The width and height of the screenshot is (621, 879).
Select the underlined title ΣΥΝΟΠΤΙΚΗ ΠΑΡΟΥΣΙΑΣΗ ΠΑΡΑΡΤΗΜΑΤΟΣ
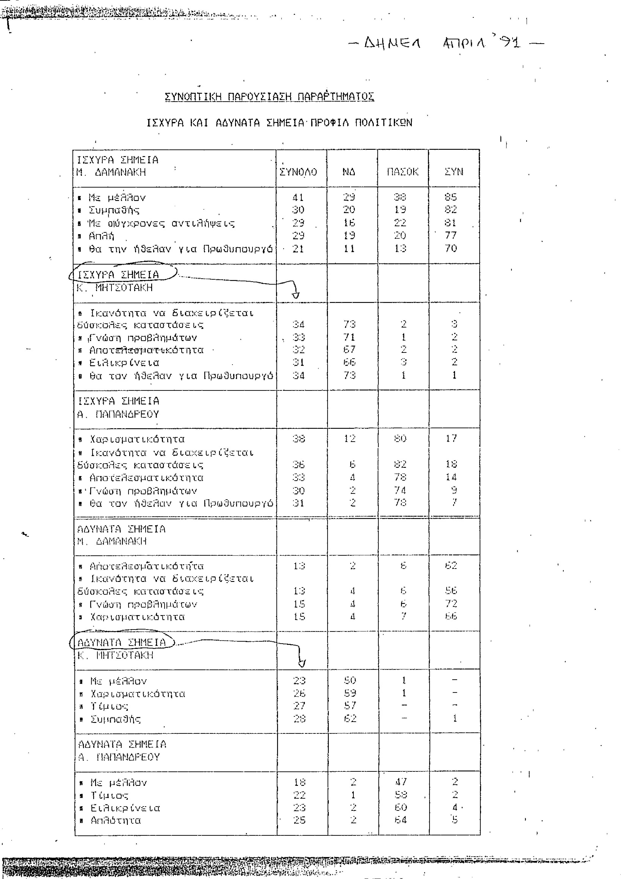click(269, 97)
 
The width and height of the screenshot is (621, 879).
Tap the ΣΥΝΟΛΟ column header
click(298, 172)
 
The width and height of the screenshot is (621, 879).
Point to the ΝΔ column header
click(349, 172)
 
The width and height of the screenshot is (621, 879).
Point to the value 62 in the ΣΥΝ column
click(451, 565)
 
